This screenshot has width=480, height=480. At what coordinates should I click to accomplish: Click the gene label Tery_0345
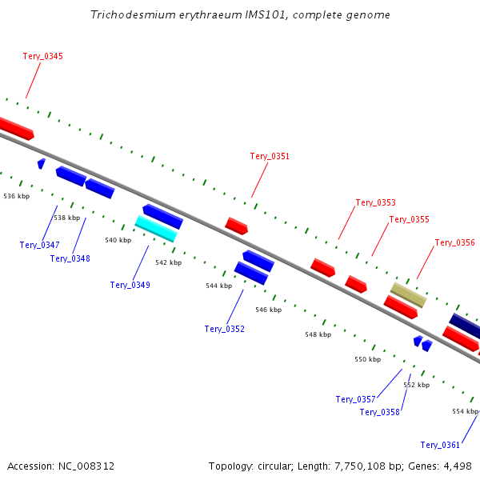point(43,56)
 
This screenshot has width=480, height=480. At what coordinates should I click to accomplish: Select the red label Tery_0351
point(270,157)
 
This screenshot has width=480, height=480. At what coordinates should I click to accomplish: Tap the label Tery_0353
point(376,202)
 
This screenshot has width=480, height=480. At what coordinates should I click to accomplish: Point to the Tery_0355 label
point(410,219)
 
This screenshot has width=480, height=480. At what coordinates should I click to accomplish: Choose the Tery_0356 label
point(455,242)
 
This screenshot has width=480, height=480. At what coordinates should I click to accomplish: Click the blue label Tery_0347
point(39,245)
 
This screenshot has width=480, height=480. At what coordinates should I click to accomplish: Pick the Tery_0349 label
point(130,285)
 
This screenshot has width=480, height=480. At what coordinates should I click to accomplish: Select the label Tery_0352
point(225,329)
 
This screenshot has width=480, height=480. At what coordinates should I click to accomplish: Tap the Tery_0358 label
point(379,412)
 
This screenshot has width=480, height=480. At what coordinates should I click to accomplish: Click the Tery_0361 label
point(440,445)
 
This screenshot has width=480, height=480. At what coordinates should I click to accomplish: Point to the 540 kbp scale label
point(118,240)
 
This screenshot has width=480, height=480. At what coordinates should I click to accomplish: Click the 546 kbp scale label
point(269,310)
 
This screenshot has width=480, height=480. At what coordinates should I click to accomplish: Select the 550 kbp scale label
point(368,359)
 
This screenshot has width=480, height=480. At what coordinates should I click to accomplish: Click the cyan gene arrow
point(156,229)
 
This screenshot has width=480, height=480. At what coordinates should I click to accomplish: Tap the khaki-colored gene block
point(408,295)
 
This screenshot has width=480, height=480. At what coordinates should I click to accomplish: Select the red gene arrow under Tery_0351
point(236,226)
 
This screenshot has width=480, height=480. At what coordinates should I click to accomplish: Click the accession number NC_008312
point(86,466)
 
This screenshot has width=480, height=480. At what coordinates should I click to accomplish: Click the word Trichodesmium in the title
point(133,14)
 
